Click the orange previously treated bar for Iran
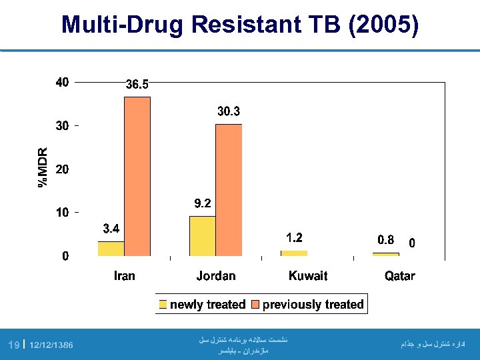pyautogui.click(x=137, y=177)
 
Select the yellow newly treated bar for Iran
pyautogui.click(x=111, y=249)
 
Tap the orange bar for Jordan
pyautogui.click(x=229, y=190)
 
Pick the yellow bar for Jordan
pyautogui.click(x=203, y=236)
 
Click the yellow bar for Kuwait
pyautogui.click(x=294, y=253)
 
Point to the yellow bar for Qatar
pyautogui.click(x=385, y=254)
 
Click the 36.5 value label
pyautogui.click(x=138, y=85)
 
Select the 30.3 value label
pyautogui.click(x=229, y=112)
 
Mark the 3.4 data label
pyautogui.click(x=111, y=229)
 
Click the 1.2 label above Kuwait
pyautogui.click(x=294, y=237)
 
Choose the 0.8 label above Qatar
pyautogui.click(x=386, y=240)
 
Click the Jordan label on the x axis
pyautogui.click(x=216, y=276)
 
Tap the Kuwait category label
pyautogui.click(x=308, y=276)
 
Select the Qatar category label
pyautogui.click(x=399, y=276)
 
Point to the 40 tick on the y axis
pyautogui.click(x=62, y=83)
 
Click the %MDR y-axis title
pyautogui.click(x=43, y=167)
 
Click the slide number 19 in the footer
pyautogui.click(x=13, y=345)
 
